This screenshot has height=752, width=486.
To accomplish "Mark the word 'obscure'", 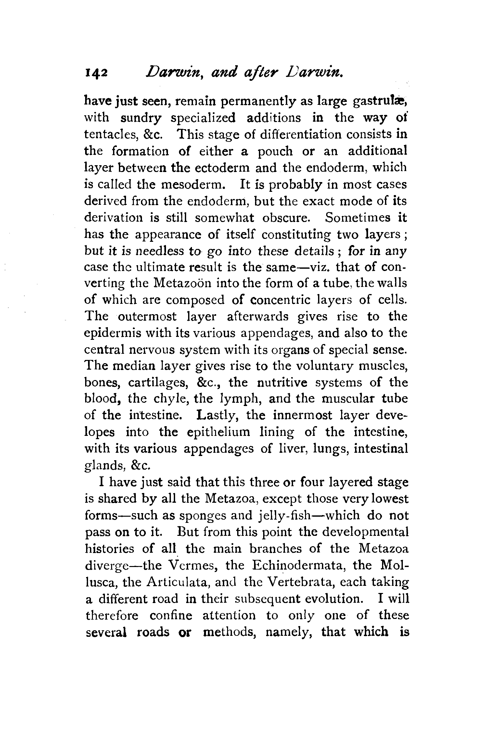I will pos(286,217).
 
